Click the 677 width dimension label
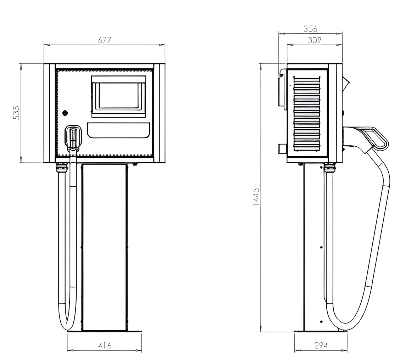[x=105, y=40]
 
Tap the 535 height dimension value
[x=16, y=112]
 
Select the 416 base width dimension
[x=105, y=345]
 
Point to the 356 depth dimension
[x=310, y=29]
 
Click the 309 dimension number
[x=314, y=40]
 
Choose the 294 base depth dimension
[x=321, y=345]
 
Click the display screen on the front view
[x=119, y=96]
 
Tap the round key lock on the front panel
[x=65, y=112]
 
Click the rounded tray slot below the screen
[x=119, y=130]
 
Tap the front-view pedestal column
[x=104, y=247]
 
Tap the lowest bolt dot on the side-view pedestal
[x=321, y=322]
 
